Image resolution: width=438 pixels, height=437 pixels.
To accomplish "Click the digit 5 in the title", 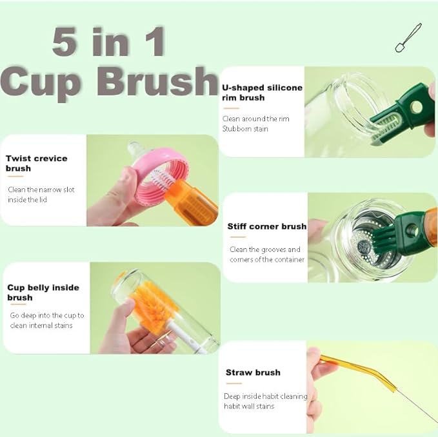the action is tap(65, 41).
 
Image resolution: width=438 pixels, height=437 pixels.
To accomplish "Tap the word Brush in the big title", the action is tap(157, 81).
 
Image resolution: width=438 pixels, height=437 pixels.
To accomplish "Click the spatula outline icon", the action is tap(408, 37).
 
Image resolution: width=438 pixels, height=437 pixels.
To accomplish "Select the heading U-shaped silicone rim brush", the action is tap(262, 93).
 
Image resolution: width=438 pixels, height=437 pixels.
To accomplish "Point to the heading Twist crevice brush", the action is tap(37, 163).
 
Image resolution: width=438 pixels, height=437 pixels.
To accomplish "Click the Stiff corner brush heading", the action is tap(267, 226).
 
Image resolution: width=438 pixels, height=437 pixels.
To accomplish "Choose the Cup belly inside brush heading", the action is tap(43, 293).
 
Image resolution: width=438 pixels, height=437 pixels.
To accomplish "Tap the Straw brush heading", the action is tap(253, 373).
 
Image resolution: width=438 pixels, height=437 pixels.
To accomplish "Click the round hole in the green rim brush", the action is tap(417, 107).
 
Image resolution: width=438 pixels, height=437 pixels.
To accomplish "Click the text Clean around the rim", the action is tap(255, 119).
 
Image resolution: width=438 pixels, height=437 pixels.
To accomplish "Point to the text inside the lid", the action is tap(27, 200).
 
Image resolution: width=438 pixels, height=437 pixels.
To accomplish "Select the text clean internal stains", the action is tap(41, 325).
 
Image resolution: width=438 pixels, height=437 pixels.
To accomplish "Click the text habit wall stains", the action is tap(249, 406).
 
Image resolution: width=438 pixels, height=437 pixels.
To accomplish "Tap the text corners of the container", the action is tap(267, 260).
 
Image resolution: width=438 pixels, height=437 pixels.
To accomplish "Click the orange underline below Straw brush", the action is tap(234, 384).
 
